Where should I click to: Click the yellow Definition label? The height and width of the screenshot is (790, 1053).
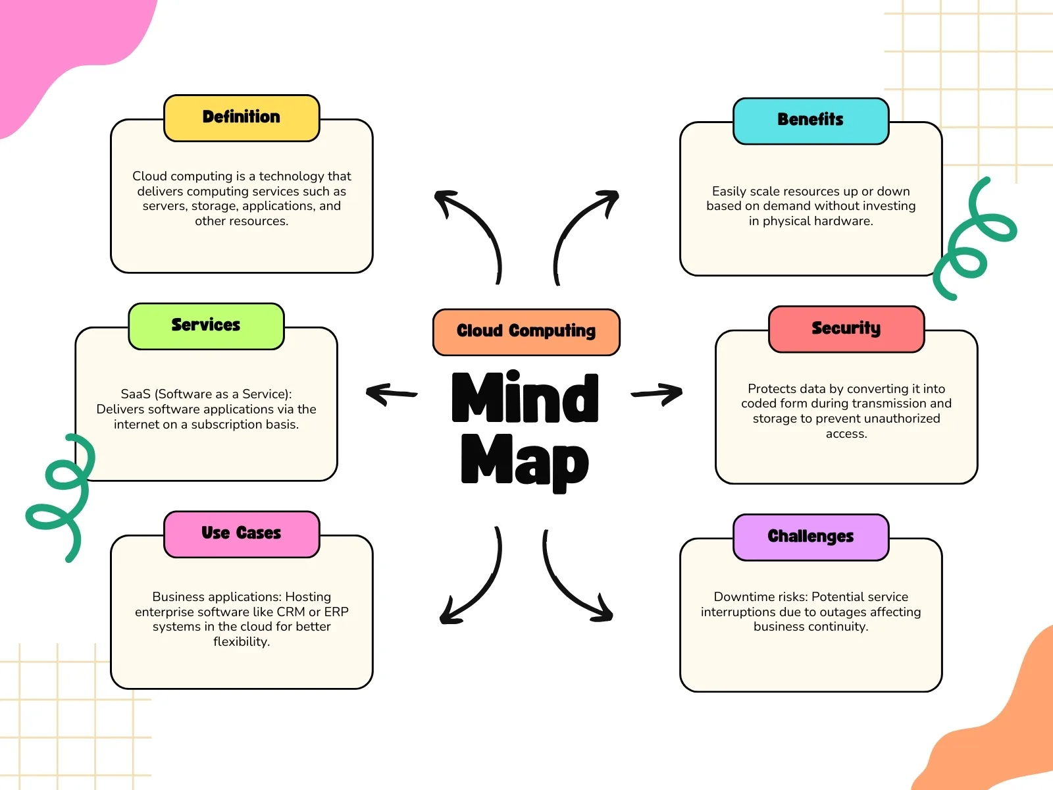coord(242,117)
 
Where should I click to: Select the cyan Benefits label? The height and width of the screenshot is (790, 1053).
coord(811,120)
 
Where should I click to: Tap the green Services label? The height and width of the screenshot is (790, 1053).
coord(206,325)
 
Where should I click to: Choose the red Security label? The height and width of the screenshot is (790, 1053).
coord(846,329)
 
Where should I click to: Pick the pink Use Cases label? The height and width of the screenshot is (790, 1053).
coord(242,533)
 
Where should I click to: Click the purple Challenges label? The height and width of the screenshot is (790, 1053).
coord(811,537)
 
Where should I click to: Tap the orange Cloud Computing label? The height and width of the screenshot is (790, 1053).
coord(526,331)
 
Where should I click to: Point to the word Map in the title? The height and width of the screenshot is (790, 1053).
coord(525,461)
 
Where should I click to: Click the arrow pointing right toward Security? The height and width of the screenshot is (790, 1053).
coord(657,394)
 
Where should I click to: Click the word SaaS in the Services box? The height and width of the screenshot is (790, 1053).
coord(136,394)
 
